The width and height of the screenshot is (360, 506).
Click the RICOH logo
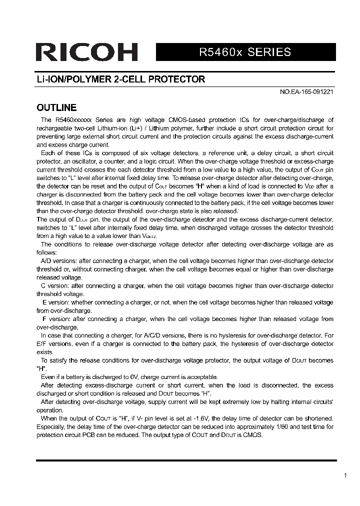pos(86,52)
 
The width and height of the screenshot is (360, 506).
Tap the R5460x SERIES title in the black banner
pos(245,52)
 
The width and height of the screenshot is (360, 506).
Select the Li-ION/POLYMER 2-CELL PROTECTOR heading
pos(121,79)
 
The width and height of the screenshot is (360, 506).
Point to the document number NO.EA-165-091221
pos(306,92)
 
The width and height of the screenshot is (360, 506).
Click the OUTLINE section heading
pos(56,108)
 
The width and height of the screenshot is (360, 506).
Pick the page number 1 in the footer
pos(345,475)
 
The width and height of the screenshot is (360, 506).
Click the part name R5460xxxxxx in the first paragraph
pos(73,120)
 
